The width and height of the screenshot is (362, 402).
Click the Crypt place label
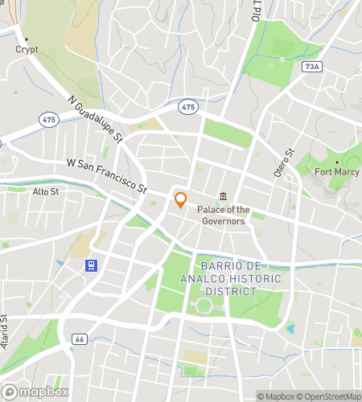27,49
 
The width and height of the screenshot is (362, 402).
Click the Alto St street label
46,191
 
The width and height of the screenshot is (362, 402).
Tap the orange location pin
181,200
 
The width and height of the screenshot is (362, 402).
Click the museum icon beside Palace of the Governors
224,197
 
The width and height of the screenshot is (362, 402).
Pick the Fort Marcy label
336,172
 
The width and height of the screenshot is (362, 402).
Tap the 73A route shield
315,67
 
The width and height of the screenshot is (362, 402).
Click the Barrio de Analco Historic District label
240,278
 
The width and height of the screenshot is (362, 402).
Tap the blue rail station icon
93,266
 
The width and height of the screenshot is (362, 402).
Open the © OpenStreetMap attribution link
330,396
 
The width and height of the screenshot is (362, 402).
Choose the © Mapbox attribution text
276,396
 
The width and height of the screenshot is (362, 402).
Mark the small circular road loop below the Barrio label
204,306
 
